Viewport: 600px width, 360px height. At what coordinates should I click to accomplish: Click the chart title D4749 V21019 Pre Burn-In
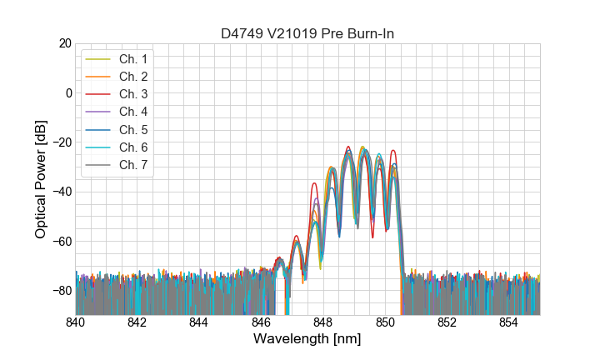[x=307, y=33]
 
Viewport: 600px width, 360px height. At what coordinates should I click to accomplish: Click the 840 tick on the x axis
[x=76, y=322]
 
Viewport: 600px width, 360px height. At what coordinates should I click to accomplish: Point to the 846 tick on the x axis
[x=261, y=322]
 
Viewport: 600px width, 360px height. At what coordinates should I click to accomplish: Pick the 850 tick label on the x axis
[x=385, y=322]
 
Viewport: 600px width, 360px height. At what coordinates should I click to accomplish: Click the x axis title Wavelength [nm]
[x=307, y=339]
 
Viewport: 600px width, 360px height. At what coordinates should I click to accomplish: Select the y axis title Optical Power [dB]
[x=41, y=179]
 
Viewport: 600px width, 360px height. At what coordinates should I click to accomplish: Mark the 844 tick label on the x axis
[x=199, y=322]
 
